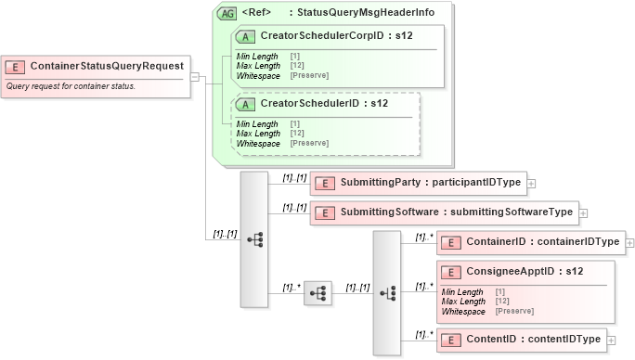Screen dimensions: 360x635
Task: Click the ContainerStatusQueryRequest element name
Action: click(x=106, y=67)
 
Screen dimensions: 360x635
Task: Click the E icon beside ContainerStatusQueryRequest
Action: click(x=16, y=67)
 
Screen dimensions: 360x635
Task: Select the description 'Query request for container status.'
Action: click(x=71, y=86)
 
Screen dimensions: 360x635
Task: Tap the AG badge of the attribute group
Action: click(x=226, y=13)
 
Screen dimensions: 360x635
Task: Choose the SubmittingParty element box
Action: click(x=417, y=183)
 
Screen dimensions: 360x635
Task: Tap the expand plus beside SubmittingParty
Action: click(x=531, y=184)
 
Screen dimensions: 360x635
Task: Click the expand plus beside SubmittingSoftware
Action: click(x=583, y=213)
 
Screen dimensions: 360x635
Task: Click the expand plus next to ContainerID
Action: click(x=630, y=243)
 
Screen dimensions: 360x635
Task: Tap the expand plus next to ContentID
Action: click(x=612, y=340)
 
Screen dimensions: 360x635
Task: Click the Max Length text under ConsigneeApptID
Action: click(x=463, y=302)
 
